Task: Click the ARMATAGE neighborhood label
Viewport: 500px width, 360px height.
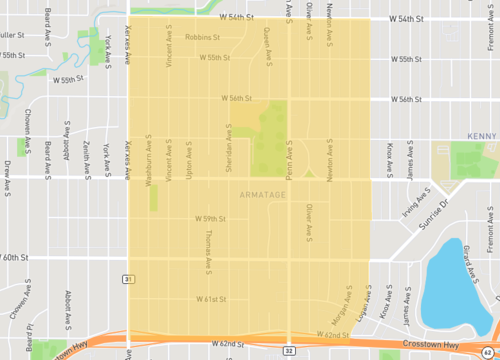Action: click(264, 194)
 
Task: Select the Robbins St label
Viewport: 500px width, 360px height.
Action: click(203, 38)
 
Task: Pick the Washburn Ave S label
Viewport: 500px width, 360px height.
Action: click(147, 156)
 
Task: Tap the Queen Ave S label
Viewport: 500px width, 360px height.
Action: click(267, 44)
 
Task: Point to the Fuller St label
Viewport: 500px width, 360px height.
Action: click(10, 35)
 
